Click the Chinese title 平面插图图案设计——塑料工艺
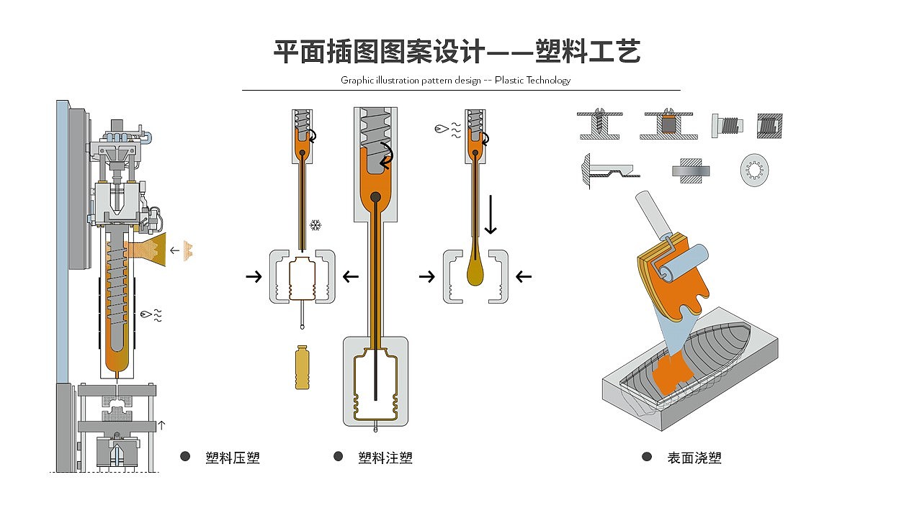point(457,52)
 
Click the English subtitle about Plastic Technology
point(455,80)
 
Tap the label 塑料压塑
point(232,458)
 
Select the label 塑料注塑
point(385,458)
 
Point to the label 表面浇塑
point(694,458)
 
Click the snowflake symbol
point(315,226)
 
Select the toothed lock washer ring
point(754,171)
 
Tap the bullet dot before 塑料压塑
point(185,457)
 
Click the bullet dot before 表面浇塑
point(646,457)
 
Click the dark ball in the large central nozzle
point(375,197)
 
